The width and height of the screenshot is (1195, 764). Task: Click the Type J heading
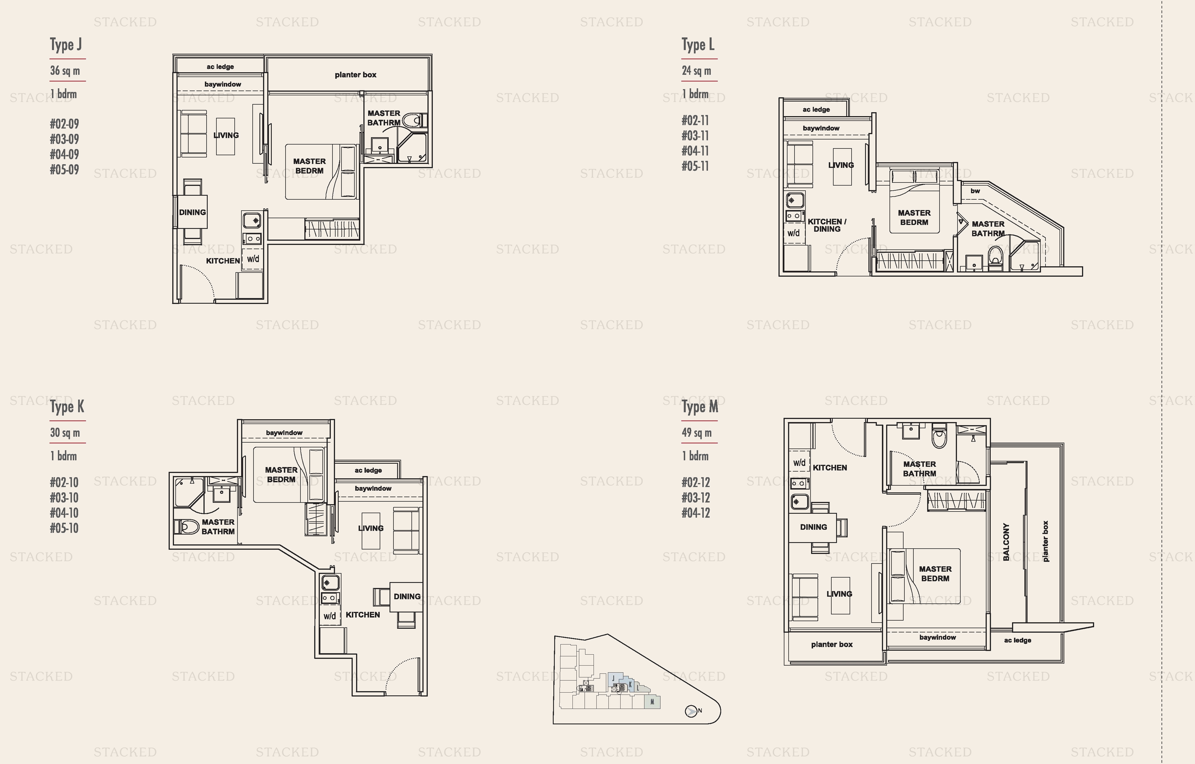[x=65, y=45]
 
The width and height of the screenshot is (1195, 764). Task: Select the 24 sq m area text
[x=696, y=71]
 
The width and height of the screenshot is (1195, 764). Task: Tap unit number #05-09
[x=65, y=170]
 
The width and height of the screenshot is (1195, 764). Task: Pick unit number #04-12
[x=696, y=513]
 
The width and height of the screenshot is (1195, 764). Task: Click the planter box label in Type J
[x=355, y=75]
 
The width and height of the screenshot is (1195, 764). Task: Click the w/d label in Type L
[x=793, y=233]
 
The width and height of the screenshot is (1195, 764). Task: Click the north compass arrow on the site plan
[x=691, y=711]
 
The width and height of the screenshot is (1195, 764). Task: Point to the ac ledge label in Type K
[x=368, y=470]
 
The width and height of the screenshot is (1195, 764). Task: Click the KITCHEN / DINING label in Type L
[x=827, y=226]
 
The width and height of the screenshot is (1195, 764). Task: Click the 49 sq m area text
[x=696, y=433]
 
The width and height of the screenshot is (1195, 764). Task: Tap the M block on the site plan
[x=652, y=702]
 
